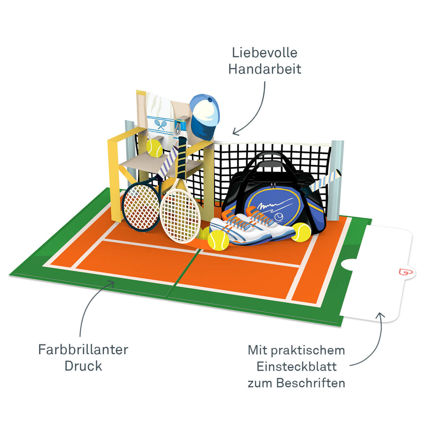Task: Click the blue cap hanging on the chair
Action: point(204,114)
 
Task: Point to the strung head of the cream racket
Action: point(180,215)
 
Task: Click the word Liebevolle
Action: point(265,53)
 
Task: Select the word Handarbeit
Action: point(265,69)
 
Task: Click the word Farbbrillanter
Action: point(83,349)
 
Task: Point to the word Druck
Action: point(83,366)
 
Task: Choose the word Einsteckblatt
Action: point(296,367)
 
